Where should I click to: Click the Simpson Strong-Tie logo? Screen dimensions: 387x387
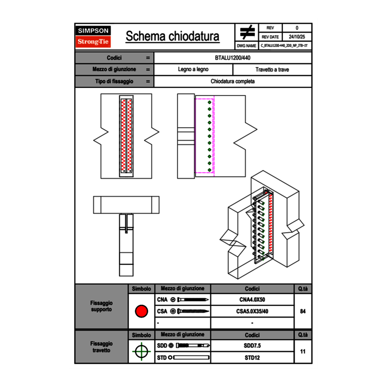[93, 37]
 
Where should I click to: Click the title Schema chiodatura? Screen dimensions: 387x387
[172, 37]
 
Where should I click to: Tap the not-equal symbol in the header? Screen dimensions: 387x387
[247, 32]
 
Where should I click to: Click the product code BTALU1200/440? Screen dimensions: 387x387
[233, 58]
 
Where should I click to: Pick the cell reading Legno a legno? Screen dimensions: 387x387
[193, 69]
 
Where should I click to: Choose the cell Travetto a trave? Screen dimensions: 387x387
[272, 69]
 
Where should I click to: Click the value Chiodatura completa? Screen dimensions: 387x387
[233, 81]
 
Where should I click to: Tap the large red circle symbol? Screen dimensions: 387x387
[141, 311]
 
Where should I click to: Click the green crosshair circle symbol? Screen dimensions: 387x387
[141, 351]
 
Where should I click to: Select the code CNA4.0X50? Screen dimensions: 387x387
[252, 300]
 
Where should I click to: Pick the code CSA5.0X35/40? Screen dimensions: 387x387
[252, 311]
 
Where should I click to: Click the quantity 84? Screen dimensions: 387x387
[303, 311]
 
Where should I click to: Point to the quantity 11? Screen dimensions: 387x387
[303, 351]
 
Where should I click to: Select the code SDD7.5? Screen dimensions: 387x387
[252, 346]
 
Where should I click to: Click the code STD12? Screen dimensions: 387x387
[252, 358]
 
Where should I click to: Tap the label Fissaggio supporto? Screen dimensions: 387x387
[101, 306]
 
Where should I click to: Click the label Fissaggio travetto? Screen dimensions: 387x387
[101, 347]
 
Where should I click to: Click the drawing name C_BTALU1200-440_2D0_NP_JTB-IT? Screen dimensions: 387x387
[284, 45]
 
